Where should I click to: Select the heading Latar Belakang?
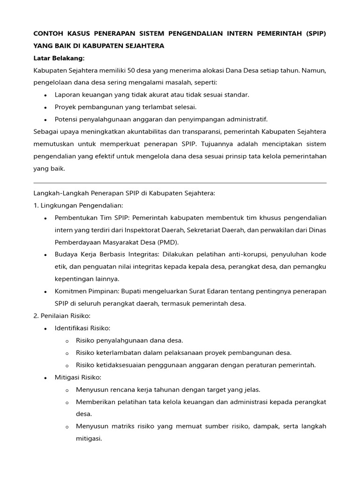(59, 58)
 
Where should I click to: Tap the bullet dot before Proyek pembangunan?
(45, 107)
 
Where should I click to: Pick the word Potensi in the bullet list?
(66, 119)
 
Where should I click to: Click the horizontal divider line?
(180, 183)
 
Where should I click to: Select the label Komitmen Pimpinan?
(83, 291)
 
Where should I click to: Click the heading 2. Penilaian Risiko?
(62, 315)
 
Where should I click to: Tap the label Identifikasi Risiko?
(82, 328)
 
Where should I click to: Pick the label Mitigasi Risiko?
(78, 377)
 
